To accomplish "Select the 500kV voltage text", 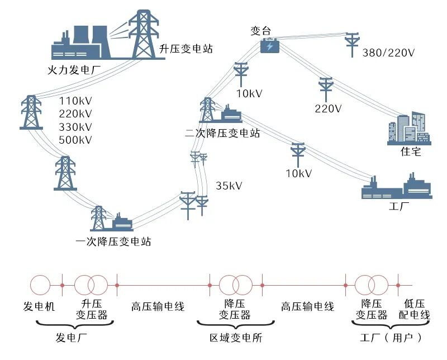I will pos(75,140).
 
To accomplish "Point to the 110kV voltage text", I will pos(75,101).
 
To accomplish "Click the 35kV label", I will pos(229,186).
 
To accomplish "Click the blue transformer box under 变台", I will pos(270,46).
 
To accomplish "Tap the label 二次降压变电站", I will pos(223,134).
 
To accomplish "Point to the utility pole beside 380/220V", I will pos(353,45).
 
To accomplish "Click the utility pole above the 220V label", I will pos(326,89).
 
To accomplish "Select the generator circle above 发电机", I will pos(40,285).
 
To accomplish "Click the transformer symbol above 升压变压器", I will pos(90,285).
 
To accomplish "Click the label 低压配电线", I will pos(417,310).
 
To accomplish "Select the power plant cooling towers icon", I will pos(84,42).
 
